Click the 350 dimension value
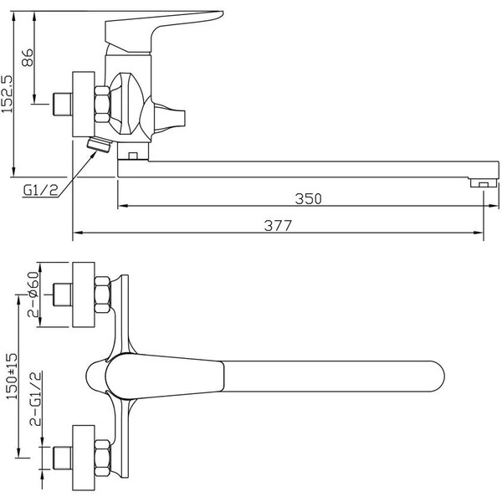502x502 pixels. tap(308, 199)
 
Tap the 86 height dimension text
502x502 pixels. tap(27, 57)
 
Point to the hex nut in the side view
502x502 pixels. tap(102, 104)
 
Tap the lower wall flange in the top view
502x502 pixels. tap(83, 459)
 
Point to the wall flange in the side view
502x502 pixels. tap(83, 104)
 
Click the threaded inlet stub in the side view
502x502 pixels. tap(59, 105)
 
